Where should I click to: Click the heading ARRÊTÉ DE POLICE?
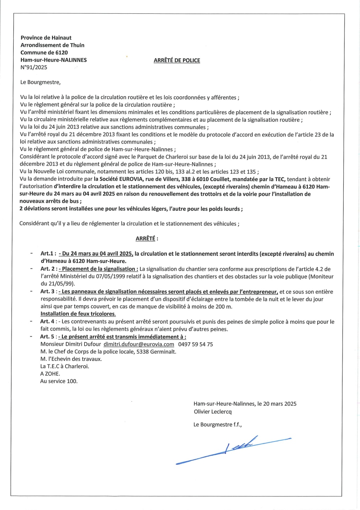click(x=177, y=61)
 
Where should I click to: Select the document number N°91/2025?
click(x=34, y=67)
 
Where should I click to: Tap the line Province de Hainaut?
click(x=46, y=38)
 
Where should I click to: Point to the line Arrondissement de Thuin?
click(x=52, y=45)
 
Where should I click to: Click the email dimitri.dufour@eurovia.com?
click(x=139, y=344)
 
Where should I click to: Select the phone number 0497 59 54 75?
click(x=195, y=344)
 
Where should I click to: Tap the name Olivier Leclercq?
click(x=212, y=412)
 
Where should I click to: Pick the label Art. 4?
click(x=47, y=322)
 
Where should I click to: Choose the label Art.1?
click(x=48, y=254)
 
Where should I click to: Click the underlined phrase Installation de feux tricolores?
click(x=78, y=314)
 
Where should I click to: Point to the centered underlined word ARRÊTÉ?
click(x=145, y=238)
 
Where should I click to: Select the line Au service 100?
click(x=59, y=381)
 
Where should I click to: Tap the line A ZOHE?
click(x=50, y=374)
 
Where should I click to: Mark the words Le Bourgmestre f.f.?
click(x=217, y=425)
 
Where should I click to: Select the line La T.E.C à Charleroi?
click(x=65, y=366)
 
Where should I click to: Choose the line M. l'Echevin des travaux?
click(x=71, y=359)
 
